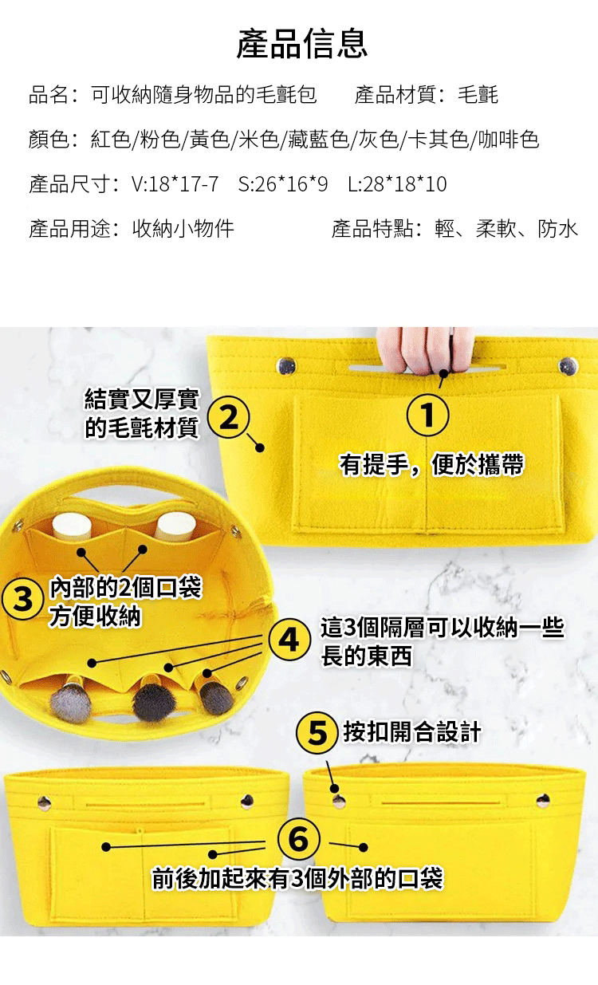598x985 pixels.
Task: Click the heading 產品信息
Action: (301, 44)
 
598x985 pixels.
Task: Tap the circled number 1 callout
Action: (427, 415)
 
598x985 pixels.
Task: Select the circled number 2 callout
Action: (229, 417)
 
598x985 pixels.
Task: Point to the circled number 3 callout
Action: (23, 598)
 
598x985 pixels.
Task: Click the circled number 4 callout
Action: (289, 640)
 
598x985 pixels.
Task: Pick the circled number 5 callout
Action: (317, 733)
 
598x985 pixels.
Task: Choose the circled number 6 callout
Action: (298, 840)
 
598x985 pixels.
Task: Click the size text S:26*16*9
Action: (283, 183)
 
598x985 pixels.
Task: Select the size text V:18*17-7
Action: (175, 183)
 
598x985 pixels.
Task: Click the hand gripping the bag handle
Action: (425, 350)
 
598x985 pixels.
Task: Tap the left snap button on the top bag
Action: (286, 365)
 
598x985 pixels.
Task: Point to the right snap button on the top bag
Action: (568, 366)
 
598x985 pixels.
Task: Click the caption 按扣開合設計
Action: (412, 733)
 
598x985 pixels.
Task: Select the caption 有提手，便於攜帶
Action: (432, 465)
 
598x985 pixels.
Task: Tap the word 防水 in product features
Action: (557, 229)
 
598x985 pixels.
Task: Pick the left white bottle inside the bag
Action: (72, 526)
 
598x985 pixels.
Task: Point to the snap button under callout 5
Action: (338, 802)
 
